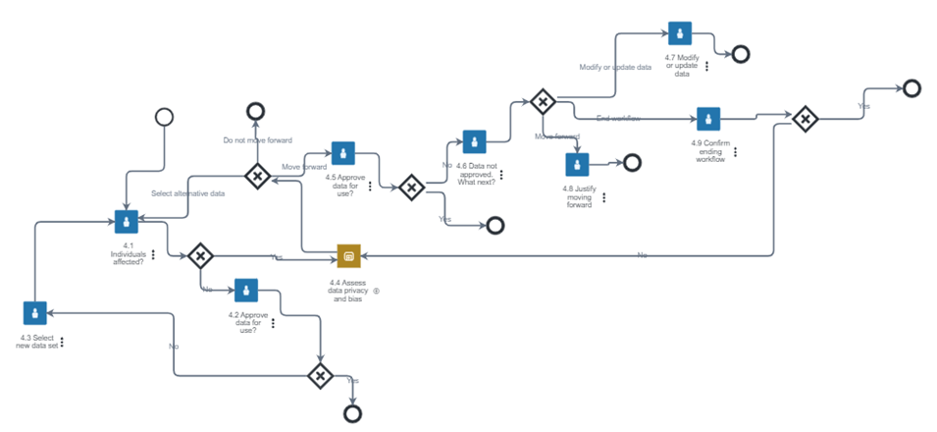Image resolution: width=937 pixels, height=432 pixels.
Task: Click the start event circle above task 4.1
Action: click(164, 117)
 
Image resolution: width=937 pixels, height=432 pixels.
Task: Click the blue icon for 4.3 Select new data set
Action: click(34, 313)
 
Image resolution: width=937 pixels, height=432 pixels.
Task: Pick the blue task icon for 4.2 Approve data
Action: click(245, 290)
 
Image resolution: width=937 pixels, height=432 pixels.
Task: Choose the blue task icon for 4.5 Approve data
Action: click(342, 153)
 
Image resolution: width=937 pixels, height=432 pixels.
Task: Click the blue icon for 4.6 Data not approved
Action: click(475, 141)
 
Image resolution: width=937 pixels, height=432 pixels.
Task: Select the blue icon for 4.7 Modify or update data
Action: click(680, 33)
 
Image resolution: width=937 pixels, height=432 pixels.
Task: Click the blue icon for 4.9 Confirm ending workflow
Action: click(708, 119)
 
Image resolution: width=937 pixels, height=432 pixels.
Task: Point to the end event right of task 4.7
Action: click(741, 53)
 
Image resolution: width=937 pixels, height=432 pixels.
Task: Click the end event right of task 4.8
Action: click(632, 162)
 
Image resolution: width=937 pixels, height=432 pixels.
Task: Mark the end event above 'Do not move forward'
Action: click(256, 110)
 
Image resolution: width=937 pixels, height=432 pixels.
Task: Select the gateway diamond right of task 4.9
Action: click(805, 119)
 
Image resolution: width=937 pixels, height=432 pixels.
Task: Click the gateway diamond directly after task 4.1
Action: click(200, 255)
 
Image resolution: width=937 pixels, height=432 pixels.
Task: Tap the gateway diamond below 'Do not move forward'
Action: click(257, 177)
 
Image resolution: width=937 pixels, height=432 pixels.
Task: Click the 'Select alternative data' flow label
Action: click(187, 193)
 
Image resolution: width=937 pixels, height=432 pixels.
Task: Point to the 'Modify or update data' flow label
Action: click(615, 67)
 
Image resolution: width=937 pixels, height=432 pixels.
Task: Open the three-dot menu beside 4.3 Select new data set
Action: click(62, 343)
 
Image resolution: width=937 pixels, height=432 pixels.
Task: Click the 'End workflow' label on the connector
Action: click(618, 119)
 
